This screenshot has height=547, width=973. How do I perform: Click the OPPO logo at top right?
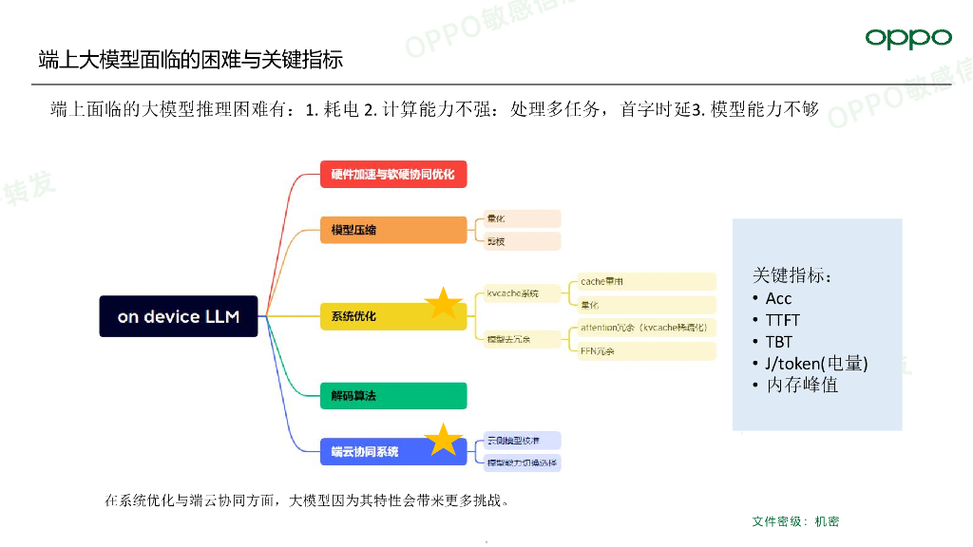[x=907, y=38]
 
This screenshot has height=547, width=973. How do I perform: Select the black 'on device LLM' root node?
[x=179, y=316]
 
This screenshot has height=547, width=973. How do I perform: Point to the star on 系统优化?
[x=443, y=303]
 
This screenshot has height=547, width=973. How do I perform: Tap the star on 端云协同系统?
[x=443, y=439]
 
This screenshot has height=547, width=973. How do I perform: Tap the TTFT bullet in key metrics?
[x=783, y=320]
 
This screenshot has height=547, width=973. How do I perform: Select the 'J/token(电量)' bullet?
[x=816, y=364]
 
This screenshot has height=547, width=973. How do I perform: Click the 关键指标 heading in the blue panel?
[x=792, y=275]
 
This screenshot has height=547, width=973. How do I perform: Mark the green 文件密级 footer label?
[x=795, y=521]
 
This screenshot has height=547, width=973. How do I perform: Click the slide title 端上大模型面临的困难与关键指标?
[x=190, y=59]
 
